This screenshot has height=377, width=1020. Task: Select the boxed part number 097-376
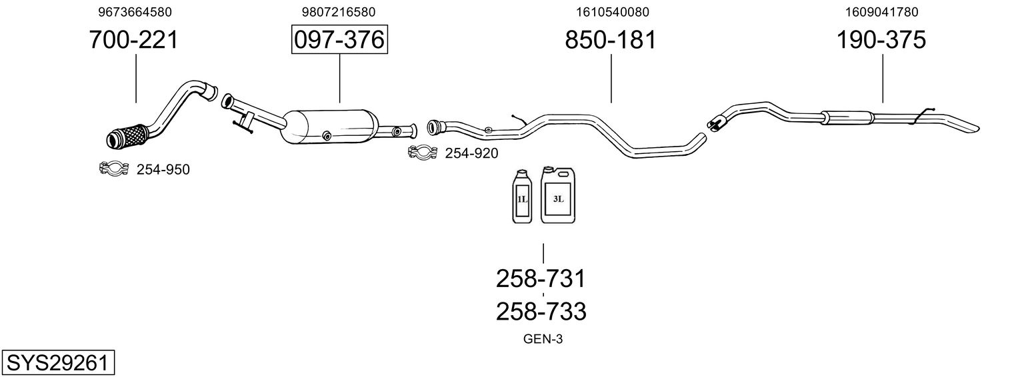pyautogui.click(x=339, y=41)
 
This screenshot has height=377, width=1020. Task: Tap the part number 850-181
pyautogui.click(x=611, y=41)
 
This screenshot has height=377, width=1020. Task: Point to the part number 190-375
pyautogui.click(x=881, y=41)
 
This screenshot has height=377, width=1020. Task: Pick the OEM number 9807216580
pyautogui.click(x=339, y=12)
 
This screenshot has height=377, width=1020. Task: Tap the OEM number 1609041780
pyautogui.click(x=881, y=12)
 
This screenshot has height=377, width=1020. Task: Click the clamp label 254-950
pyautogui.click(x=163, y=170)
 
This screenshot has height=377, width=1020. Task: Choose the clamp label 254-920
pyautogui.click(x=471, y=154)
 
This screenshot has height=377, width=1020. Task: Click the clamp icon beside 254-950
pyautogui.click(x=113, y=169)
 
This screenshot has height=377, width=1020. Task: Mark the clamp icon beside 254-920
pyautogui.click(x=422, y=153)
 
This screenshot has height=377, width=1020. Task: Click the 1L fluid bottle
pyautogui.click(x=522, y=198)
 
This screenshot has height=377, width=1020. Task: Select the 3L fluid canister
pyautogui.click(x=559, y=195)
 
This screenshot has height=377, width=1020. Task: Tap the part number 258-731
pyautogui.click(x=541, y=278)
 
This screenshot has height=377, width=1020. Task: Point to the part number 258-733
pyautogui.click(x=541, y=311)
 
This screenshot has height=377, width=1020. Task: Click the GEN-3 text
pyautogui.click(x=543, y=339)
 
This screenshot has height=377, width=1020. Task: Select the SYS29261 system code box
pyautogui.click(x=57, y=363)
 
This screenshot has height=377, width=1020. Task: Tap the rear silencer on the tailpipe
pyautogui.click(x=847, y=117)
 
